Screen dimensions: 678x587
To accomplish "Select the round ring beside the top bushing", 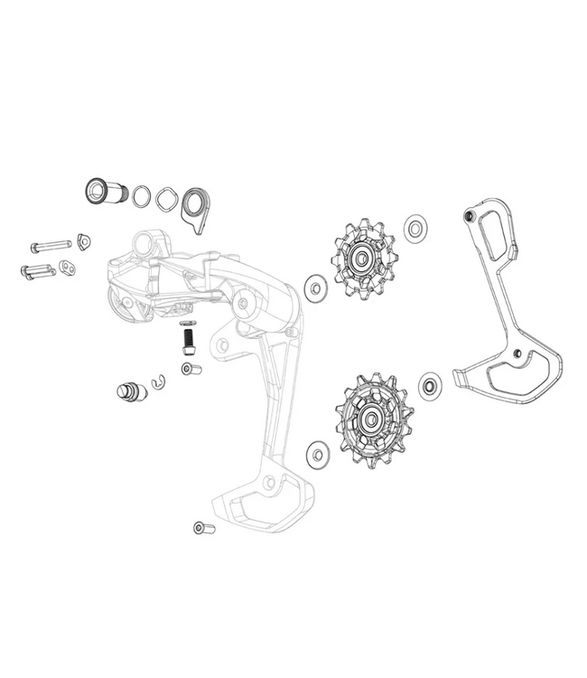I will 143,196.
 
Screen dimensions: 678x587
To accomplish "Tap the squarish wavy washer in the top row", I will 166,198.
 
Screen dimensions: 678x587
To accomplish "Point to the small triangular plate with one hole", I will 84,241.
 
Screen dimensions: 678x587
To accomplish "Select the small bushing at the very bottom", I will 199,528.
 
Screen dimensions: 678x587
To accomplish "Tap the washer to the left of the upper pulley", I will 315,287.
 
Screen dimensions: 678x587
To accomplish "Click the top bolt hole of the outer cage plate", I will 467,216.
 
